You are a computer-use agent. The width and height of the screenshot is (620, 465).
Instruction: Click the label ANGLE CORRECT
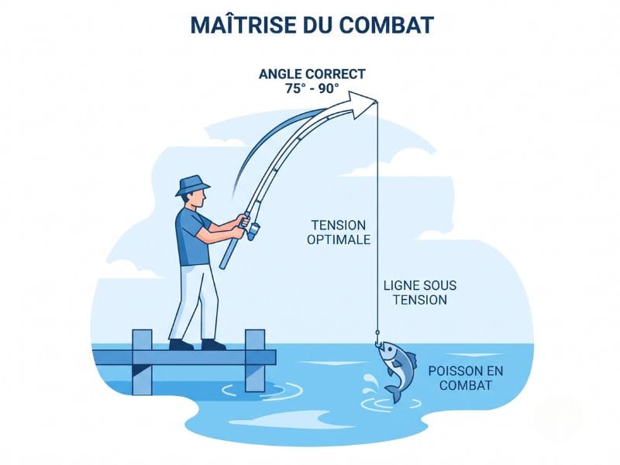click(312, 74)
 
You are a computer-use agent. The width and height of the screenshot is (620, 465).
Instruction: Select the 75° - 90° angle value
click(312, 88)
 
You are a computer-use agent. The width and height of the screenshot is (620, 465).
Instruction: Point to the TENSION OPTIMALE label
click(339, 232)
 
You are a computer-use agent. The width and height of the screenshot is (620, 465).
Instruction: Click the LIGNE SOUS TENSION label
click(420, 293)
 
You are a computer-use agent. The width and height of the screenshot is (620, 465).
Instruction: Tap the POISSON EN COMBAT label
click(466, 378)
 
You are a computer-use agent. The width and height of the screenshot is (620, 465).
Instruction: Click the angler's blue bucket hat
click(192, 185)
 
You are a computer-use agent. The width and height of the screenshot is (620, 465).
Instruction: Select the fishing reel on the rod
click(253, 231)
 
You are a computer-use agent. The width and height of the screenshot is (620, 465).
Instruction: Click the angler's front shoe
click(214, 345)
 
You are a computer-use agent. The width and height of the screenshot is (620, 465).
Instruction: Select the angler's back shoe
click(181, 345)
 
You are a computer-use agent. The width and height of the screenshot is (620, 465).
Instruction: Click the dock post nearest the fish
click(255, 360)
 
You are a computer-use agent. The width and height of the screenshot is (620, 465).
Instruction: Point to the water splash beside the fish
click(370, 384)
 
